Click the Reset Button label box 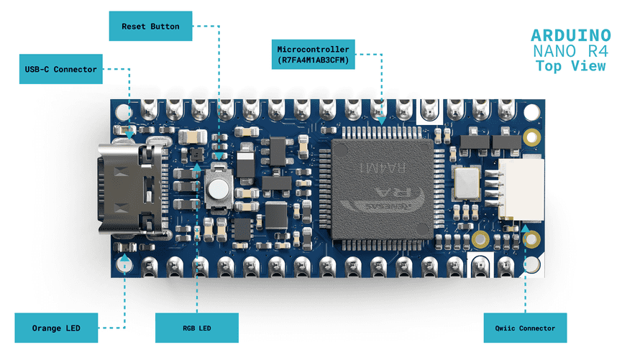click(x=150, y=27)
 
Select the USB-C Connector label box click(x=59, y=70)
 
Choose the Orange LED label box click(x=55, y=328)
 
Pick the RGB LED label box click(x=196, y=328)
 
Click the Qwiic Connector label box click(x=525, y=328)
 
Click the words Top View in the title click(x=570, y=66)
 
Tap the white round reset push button click(x=216, y=189)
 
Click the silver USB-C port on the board click(x=129, y=189)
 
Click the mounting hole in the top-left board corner click(x=123, y=113)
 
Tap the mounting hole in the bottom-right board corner click(x=532, y=239)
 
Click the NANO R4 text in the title click(x=570, y=51)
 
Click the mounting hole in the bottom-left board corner click(x=123, y=264)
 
